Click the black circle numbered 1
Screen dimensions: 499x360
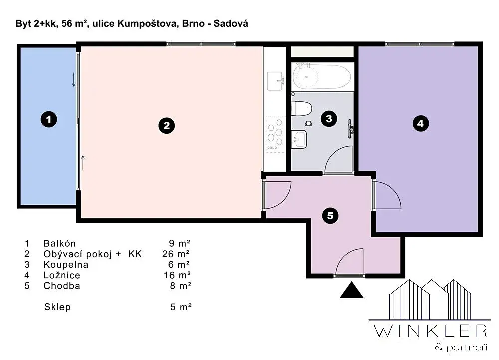(49, 120)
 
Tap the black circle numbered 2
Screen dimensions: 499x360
(167, 126)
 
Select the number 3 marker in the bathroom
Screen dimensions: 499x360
(329, 119)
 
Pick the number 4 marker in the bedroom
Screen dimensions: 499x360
(420, 123)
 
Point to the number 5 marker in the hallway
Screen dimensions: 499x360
(330, 216)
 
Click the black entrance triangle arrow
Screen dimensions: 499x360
(352, 290)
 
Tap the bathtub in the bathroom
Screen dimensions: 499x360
(322, 77)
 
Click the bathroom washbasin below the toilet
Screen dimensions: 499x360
(299, 139)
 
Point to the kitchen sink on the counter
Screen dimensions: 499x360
(275, 81)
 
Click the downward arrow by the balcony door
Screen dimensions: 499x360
(74, 80)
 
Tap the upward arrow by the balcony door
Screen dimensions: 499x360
(83, 162)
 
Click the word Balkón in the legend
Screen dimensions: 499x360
(60, 244)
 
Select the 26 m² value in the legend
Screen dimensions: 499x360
(176, 254)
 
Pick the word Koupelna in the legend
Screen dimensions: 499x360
(66, 265)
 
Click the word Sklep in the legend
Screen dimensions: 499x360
(57, 307)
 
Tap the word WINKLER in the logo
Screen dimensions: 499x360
(430, 331)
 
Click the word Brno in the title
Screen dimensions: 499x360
(193, 24)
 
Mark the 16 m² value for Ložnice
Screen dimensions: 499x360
(177, 275)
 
